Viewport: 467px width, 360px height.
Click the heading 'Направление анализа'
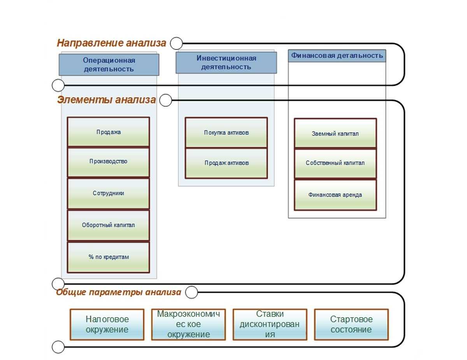[111, 43]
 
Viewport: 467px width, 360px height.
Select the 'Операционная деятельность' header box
[109, 65]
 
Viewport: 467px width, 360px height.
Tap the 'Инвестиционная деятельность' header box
[226, 63]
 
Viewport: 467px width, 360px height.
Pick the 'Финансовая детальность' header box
[337, 56]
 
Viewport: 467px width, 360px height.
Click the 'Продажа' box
[109, 132]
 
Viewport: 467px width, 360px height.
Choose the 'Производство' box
[109, 162]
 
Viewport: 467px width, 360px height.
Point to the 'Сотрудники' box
[109, 193]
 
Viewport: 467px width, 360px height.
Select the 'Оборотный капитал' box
[109, 225]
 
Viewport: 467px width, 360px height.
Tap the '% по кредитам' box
[109, 257]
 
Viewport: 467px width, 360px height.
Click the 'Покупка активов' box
[226, 133]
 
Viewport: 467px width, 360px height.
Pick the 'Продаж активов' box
[226, 163]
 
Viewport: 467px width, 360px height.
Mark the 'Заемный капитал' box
[335, 133]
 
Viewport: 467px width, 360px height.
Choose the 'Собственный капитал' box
[335, 163]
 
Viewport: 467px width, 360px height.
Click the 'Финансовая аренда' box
[335, 195]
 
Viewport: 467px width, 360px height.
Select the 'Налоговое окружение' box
[107, 324]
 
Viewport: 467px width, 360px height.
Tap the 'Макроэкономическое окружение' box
[189, 324]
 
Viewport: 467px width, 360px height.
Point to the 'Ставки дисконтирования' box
[270, 324]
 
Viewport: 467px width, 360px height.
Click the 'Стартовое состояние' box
[351, 324]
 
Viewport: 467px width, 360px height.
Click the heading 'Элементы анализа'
[106, 100]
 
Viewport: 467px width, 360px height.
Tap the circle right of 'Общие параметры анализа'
[191, 292]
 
